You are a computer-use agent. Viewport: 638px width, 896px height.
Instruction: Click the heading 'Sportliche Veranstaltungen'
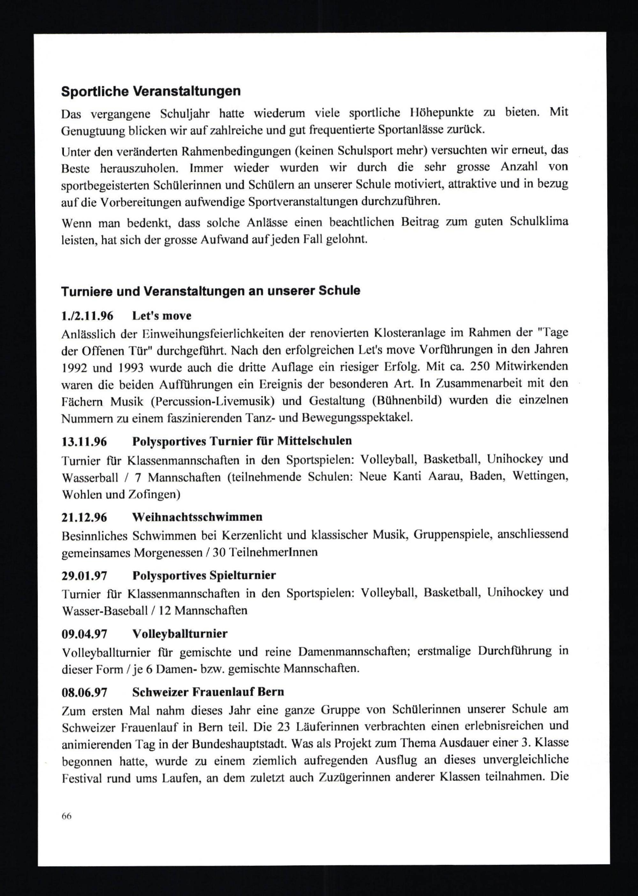151,92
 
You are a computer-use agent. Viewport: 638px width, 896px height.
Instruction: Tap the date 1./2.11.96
87,316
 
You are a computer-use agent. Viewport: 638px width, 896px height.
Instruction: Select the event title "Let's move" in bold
162,316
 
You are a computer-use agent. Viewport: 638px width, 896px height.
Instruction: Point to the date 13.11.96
84,442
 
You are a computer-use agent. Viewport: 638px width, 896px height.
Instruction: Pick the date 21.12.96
84,517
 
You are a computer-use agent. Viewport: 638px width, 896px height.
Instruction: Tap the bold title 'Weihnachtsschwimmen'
197,517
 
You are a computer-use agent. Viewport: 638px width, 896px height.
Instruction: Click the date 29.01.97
84,576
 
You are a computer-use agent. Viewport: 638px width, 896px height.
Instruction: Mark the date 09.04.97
84,634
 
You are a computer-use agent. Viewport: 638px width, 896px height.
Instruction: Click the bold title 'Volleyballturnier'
180,634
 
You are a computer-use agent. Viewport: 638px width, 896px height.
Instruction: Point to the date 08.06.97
84,692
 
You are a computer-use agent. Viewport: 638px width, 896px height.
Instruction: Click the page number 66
66,816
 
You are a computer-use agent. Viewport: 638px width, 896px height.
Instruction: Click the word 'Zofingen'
154,495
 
